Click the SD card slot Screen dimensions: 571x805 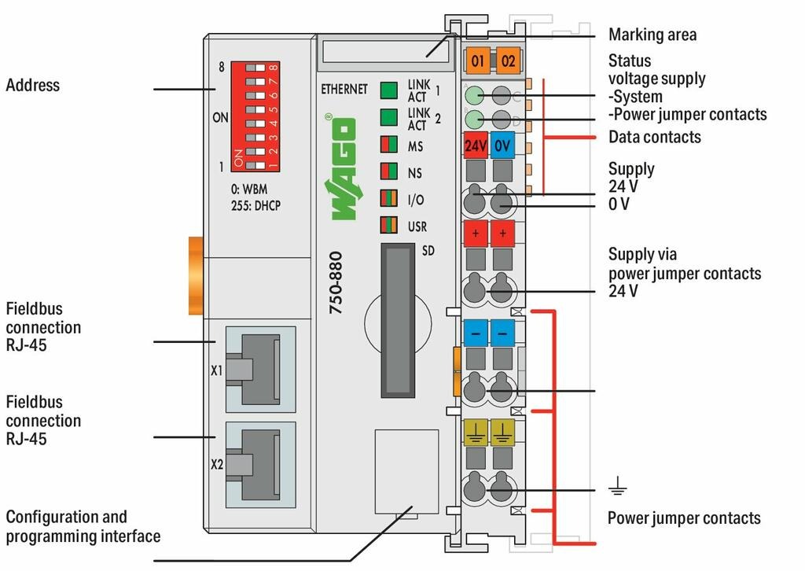click(398, 320)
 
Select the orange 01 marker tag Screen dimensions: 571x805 click(476, 59)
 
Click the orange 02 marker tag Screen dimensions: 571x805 click(507, 59)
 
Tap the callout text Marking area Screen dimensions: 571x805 click(652, 35)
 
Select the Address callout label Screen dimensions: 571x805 click(32, 85)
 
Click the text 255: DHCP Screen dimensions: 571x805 click(255, 204)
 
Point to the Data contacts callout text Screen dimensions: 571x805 click(654, 137)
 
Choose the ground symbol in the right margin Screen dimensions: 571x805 click(618, 489)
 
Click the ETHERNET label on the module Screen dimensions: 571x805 click(344, 89)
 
